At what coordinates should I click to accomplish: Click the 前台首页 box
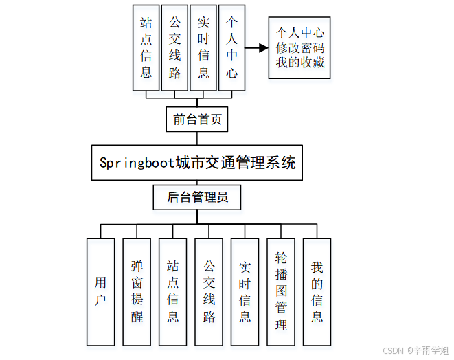[197, 120]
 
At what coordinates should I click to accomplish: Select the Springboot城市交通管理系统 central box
[197, 163]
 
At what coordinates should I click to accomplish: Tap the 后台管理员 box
[197, 198]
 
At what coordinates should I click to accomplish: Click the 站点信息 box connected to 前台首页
[146, 48]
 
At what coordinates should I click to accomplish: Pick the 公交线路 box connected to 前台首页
[174, 48]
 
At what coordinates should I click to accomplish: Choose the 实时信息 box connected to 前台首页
[203, 48]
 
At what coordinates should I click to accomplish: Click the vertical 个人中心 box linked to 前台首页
[232, 48]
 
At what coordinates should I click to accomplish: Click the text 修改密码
[300, 48]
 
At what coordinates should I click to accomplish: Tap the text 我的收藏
[300, 63]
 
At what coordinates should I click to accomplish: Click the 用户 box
[101, 291]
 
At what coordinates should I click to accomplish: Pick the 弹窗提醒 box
[137, 291]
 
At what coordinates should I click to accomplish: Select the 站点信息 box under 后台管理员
[173, 291]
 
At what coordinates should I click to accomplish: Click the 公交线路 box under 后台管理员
[209, 291]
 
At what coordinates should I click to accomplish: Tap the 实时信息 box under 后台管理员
[245, 291]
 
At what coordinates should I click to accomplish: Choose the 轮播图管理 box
[281, 291]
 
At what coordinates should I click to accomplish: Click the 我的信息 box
[317, 291]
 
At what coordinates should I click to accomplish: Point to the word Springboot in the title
[137, 163]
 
